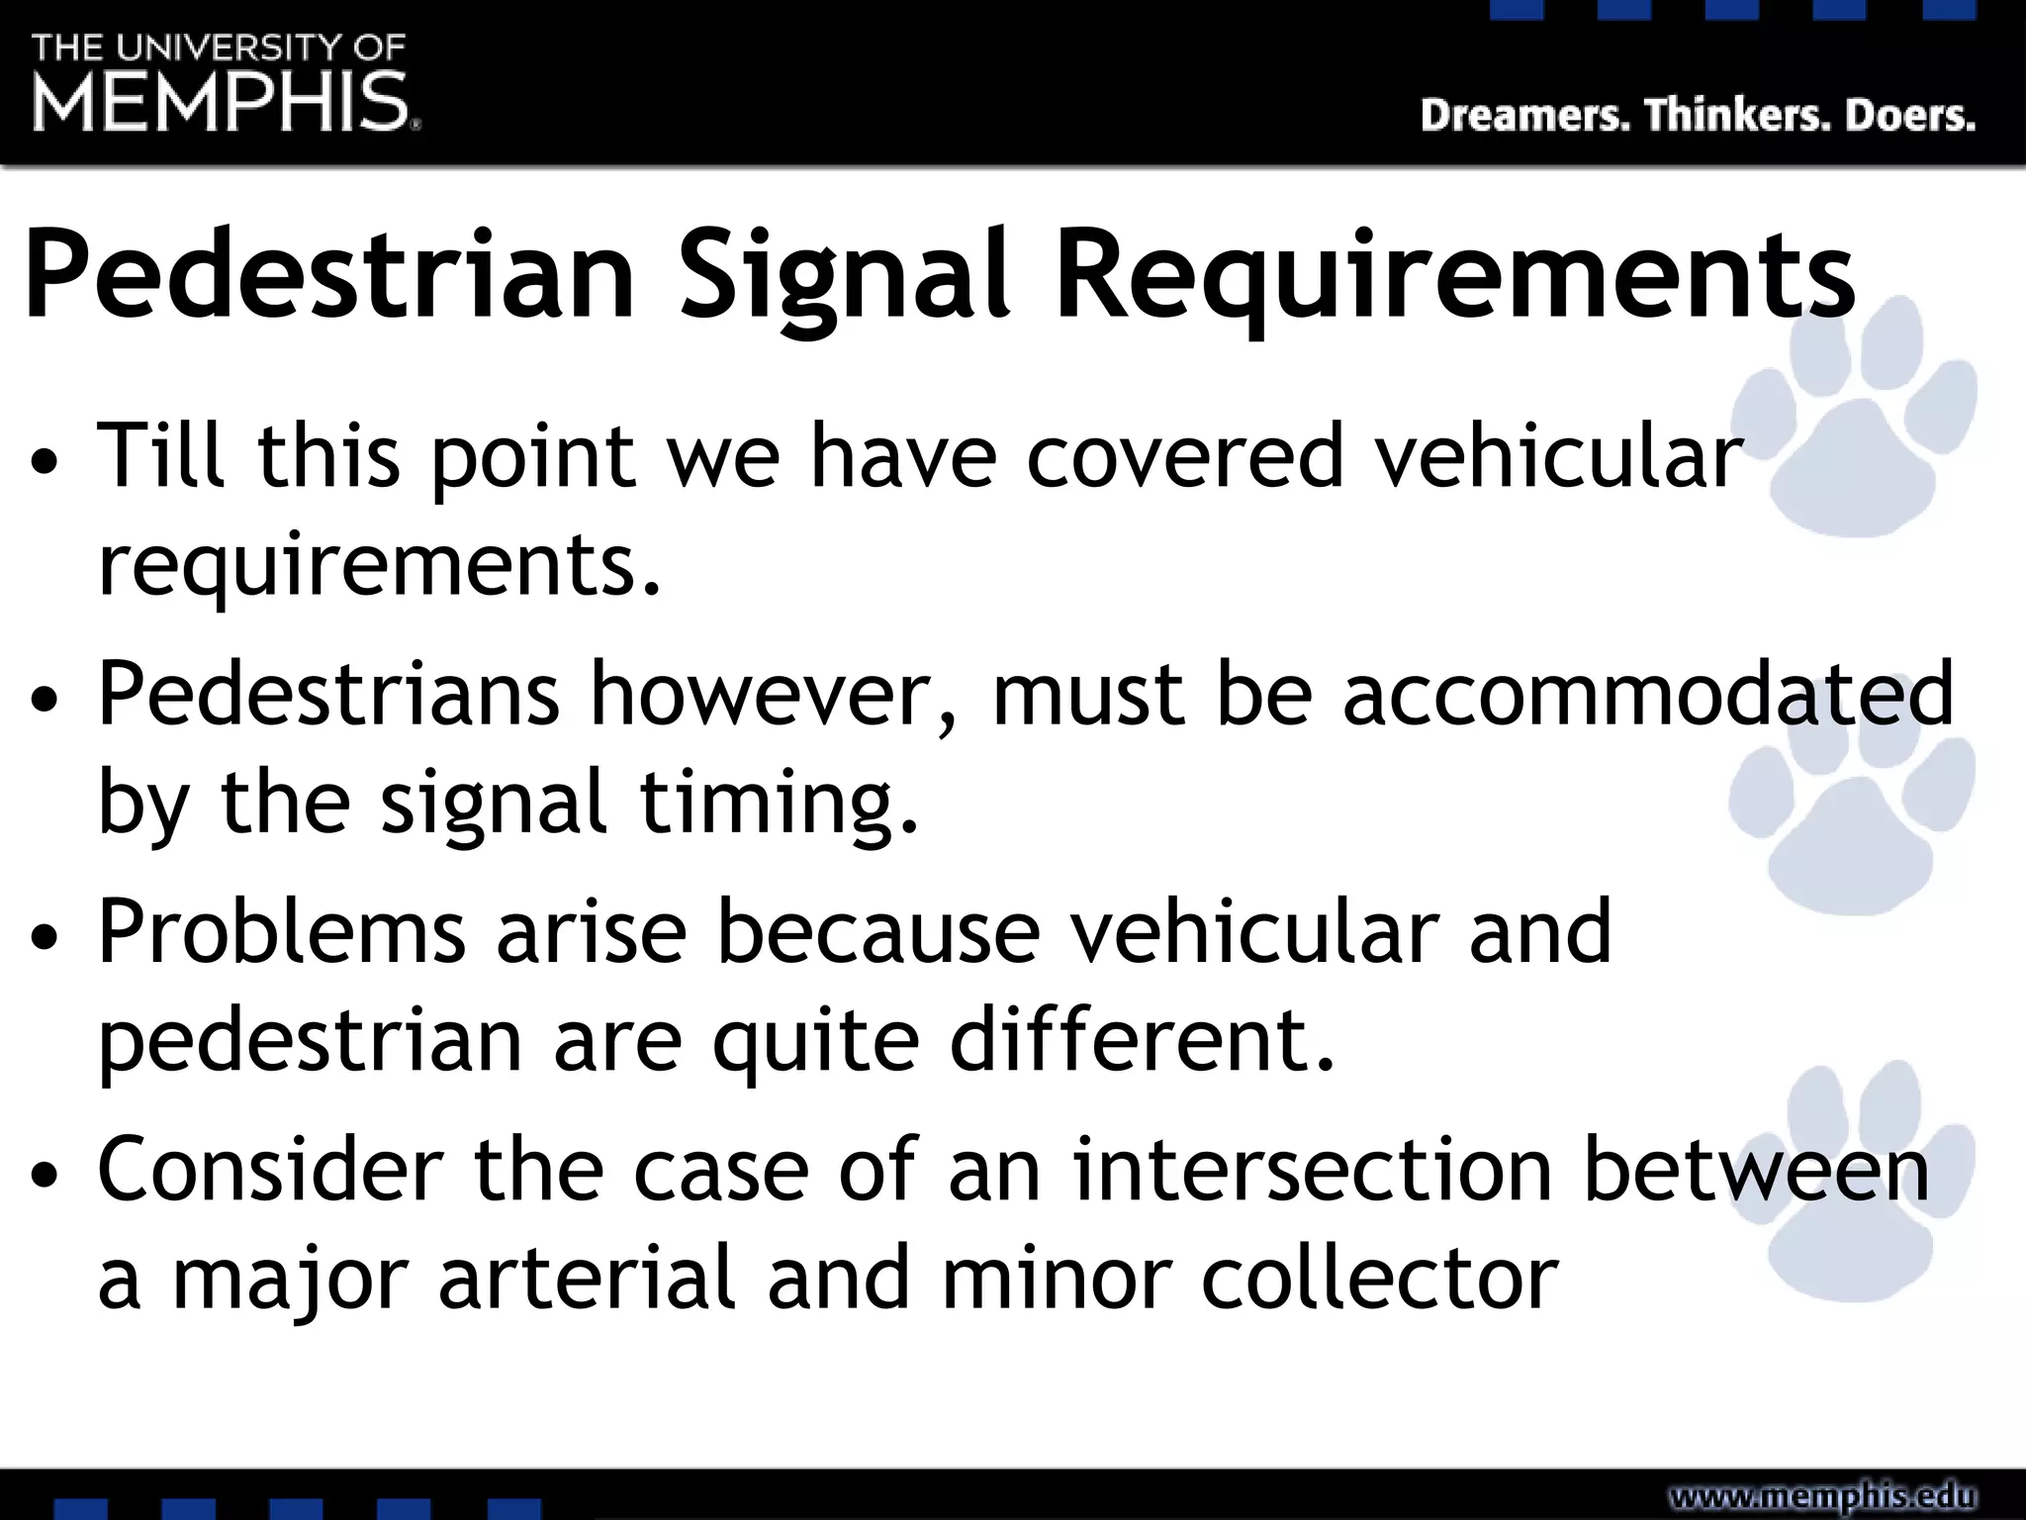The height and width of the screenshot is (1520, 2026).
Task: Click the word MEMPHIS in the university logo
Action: [222, 102]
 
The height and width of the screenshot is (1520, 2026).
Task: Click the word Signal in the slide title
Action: [844, 277]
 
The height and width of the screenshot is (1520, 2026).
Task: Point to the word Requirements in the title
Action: [1454, 277]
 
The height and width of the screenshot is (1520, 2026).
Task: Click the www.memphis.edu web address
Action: [1822, 1495]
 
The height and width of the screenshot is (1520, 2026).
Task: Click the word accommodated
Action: [1648, 695]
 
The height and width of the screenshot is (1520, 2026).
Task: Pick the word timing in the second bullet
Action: [779, 804]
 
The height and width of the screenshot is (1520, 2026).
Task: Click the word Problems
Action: [282, 932]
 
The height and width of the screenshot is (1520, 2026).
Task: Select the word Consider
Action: [270, 1170]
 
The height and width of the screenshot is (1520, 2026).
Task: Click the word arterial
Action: [588, 1279]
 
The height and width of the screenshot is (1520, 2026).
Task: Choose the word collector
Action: [1380, 1279]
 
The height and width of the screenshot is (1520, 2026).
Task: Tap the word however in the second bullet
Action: [775, 695]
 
